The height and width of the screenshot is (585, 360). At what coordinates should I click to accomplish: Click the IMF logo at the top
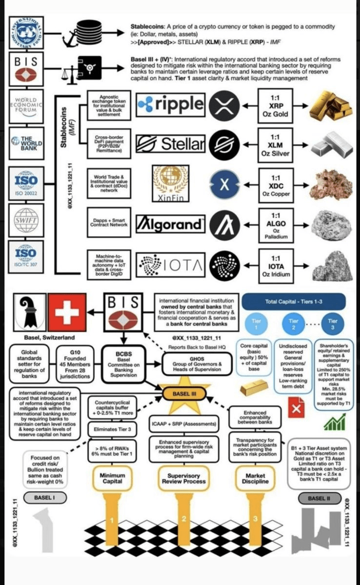(26, 33)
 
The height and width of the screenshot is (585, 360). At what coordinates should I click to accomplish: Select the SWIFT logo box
(26, 220)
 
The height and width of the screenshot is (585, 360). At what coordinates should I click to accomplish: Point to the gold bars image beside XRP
(326, 104)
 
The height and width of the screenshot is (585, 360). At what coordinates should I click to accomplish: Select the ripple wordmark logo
(170, 104)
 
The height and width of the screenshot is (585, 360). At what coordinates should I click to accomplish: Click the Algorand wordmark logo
(169, 224)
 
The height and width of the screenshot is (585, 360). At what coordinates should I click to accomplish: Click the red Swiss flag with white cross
(70, 311)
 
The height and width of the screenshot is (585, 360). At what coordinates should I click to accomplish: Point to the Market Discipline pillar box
(255, 478)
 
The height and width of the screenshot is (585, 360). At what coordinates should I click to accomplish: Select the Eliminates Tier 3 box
(112, 429)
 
